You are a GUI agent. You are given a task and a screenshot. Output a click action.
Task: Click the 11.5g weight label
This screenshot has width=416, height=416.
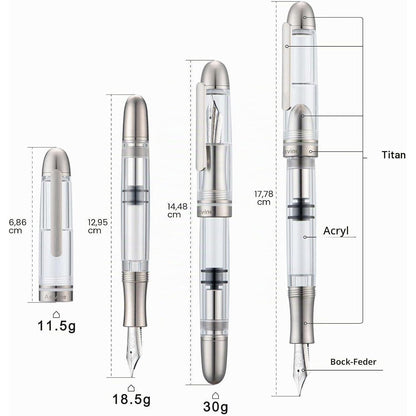[x=57, y=326]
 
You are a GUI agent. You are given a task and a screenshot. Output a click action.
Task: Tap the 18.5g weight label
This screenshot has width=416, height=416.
[x=131, y=399]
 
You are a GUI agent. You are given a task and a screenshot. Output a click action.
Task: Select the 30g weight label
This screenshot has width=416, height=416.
[x=216, y=406]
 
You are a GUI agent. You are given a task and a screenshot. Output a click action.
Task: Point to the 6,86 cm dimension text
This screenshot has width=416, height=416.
[x=17, y=226]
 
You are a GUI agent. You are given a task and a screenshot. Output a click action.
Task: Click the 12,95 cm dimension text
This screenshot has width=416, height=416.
[x=97, y=226]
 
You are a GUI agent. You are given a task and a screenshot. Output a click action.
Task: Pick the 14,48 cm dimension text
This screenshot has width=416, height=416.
[x=177, y=211]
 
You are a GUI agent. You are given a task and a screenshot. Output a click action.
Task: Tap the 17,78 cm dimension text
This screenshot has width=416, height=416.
[x=264, y=198]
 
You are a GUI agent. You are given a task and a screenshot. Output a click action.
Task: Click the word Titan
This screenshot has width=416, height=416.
[x=394, y=155]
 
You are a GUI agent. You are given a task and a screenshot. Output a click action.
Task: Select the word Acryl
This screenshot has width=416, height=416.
[x=336, y=231]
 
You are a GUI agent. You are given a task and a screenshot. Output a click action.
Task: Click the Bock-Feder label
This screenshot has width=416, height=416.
[x=353, y=362]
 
